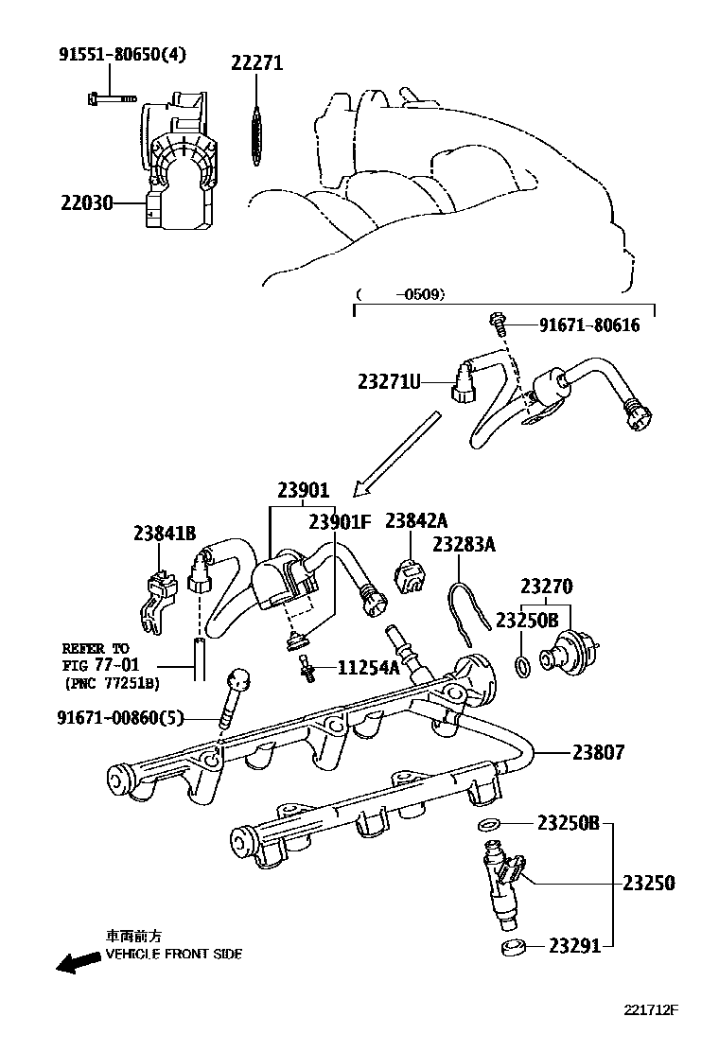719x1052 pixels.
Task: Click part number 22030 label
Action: (87, 202)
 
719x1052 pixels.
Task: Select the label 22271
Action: (257, 63)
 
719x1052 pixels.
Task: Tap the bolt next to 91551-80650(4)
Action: (112, 98)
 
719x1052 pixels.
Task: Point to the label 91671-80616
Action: (589, 325)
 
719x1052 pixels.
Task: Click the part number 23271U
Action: (389, 382)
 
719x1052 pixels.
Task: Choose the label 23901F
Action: (340, 521)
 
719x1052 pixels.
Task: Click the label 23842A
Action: (416, 520)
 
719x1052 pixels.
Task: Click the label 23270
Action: (547, 587)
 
